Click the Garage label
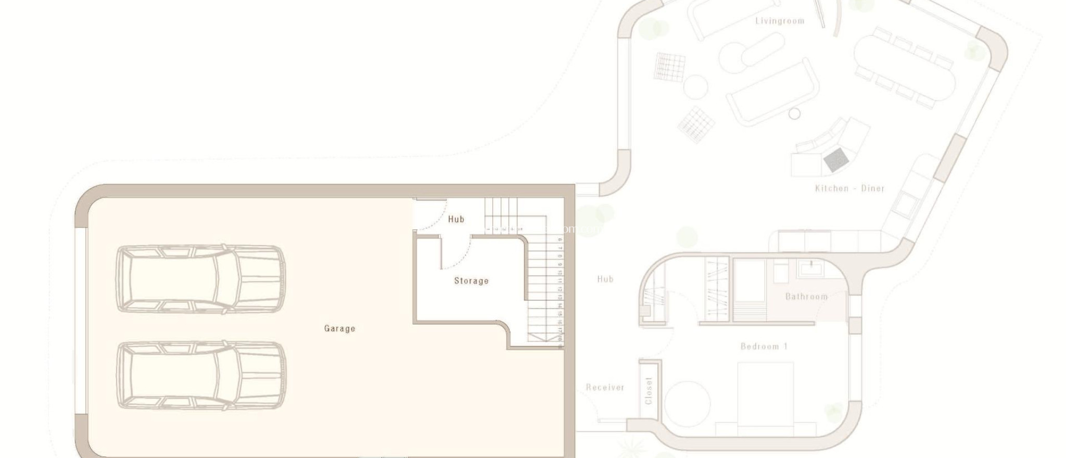point(339,328)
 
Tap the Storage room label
point(471,281)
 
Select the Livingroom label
point(779,21)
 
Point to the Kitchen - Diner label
point(849,188)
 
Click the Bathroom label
point(806,297)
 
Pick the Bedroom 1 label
point(764,346)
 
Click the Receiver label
point(605,387)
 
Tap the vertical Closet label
point(649,390)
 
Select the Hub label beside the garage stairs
point(456,219)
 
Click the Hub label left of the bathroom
point(605,279)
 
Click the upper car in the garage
point(201,279)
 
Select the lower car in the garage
point(201,375)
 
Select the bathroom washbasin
point(810,269)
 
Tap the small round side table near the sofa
point(794,113)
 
